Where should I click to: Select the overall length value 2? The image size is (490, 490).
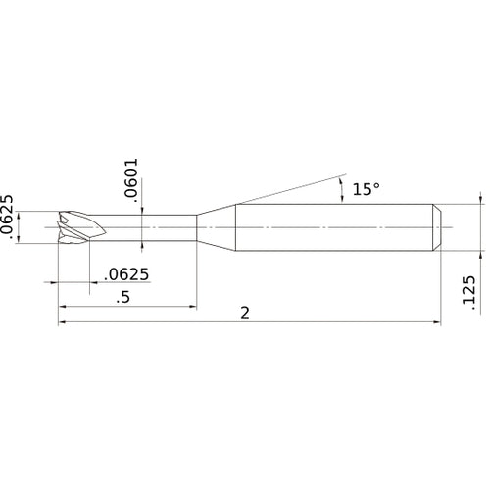coord(244,313)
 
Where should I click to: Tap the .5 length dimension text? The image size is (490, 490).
coord(122,297)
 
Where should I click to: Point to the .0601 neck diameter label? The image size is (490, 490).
coord(132,180)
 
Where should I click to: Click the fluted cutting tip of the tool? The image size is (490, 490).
coord(76,227)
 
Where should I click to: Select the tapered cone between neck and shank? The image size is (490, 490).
coord(218,227)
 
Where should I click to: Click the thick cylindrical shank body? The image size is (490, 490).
coord(333,227)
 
